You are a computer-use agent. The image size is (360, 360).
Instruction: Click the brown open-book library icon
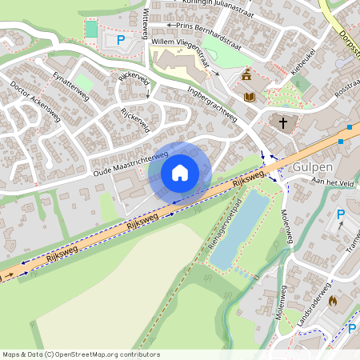[x=250, y=97]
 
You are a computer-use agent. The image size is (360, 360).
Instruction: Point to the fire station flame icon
[x=332, y=302]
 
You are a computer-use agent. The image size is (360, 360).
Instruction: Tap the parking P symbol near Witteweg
[x=121, y=39]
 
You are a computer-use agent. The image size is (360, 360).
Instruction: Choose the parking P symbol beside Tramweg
[x=341, y=214]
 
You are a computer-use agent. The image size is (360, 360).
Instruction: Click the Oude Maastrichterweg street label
[x=130, y=161]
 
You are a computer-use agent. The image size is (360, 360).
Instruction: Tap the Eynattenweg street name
[x=70, y=84]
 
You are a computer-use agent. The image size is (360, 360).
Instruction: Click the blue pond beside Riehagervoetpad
[x=239, y=227]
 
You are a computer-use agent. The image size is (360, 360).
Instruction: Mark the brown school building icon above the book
[x=246, y=77]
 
